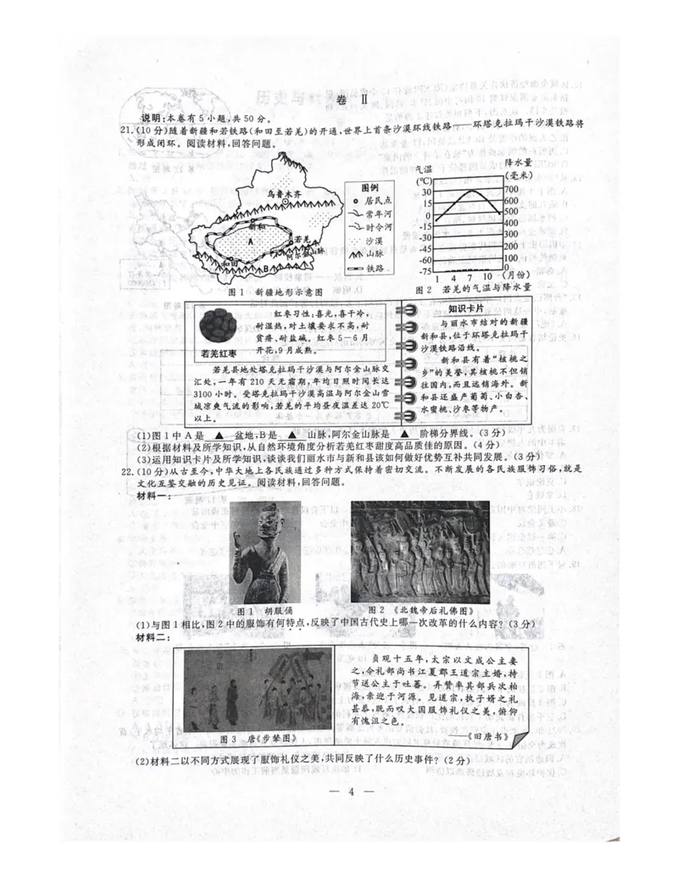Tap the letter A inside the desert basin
pyautogui.click(x=251, y=240)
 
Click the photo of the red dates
pyautogui.click(x=219, y=326)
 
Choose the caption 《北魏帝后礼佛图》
pyautogui.click(x=419, y=609)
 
